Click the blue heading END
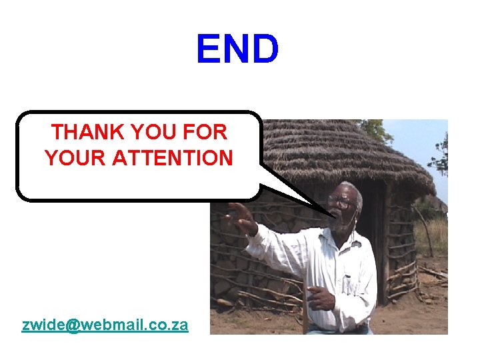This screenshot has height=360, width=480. click(x=237, y=49)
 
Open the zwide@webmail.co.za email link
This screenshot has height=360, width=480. click(x=105, y=325)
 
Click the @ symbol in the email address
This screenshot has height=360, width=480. click(x=73, y=325)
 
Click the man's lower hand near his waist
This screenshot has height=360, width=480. click(x=320, y=298)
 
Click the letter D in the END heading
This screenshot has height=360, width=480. click(x=265, y=49)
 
